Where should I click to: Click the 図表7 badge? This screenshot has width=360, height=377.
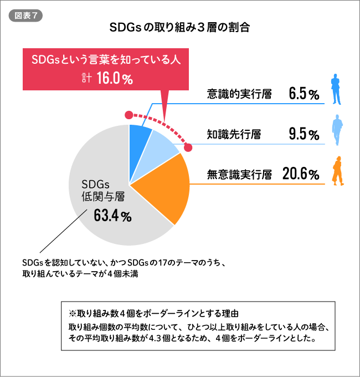pyautogui.click(x=25, y=16)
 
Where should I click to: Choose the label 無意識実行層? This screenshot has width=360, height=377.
pyautogui.click(x=239, y=175)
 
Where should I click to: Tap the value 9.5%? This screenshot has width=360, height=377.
pyautogui.click(x=304, y=134)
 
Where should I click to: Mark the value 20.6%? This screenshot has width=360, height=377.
pyautogui.click(x=301, y=175)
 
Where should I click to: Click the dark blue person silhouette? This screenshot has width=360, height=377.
pyautogui.click(x=335, y=90)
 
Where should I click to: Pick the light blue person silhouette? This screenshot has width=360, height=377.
pyautogui.click(x=336, y=130)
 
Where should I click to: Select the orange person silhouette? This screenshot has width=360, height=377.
pyautogui.click(x=336, y=171)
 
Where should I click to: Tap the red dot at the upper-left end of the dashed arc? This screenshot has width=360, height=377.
pyautogui.click(x=129, y=115)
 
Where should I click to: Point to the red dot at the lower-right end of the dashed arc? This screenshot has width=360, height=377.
pyautogui.click(x=188, y=147)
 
